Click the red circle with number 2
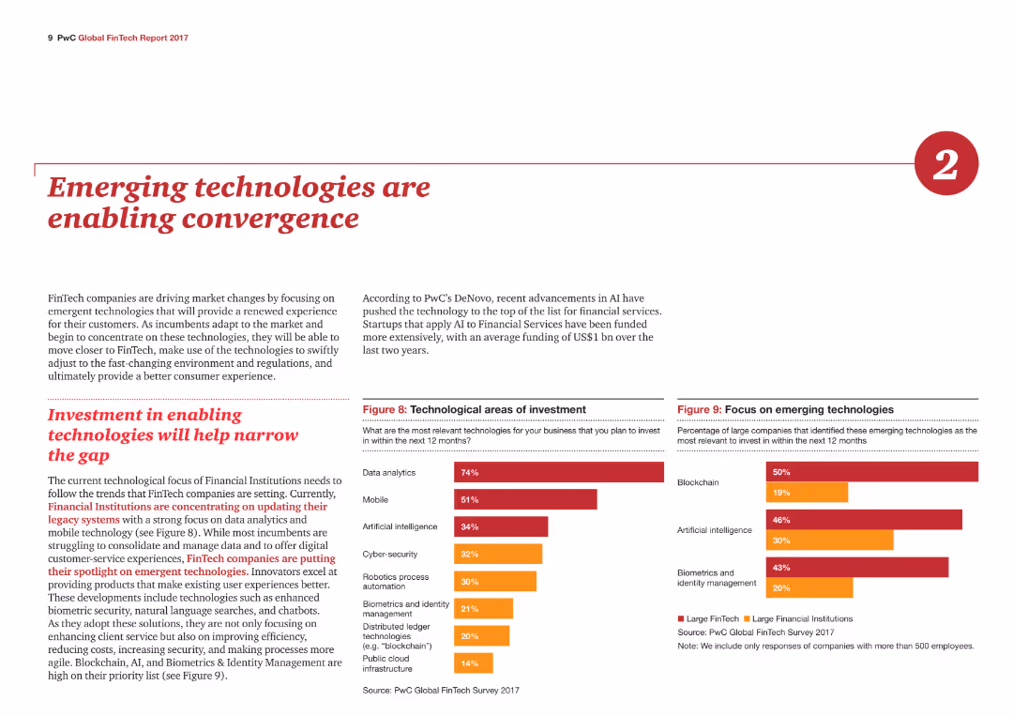[945, 163]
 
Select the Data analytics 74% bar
[559, 472]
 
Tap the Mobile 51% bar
[525, 499]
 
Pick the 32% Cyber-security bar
[498, 554]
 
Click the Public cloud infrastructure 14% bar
[474, 663]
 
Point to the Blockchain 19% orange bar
[807, 493]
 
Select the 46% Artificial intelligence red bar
[864, 520]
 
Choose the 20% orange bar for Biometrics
[809, 588]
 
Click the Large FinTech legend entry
[708, 619]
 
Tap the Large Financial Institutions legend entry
[798, 619]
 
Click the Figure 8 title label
[475, 410]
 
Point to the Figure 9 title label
[786, 410]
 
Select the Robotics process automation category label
[396, 582]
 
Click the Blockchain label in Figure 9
[698, 482]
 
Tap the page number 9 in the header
[51, 38]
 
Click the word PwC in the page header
[67, 38]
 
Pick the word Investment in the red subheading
[95, 415]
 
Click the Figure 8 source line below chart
[441, 690]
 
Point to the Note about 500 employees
[825, 647]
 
